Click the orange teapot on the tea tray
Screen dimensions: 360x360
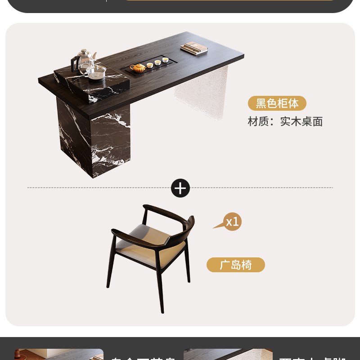coord(138,67)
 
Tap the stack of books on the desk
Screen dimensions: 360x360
coord(194,48)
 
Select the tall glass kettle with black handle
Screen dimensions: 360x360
coord(84,62)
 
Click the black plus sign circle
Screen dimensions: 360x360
coord(180,188)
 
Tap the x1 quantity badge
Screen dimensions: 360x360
coord(233,222)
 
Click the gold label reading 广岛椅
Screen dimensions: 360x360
coord(236,265)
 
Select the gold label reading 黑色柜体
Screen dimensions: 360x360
coord(277,103)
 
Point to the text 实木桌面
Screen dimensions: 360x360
coord(301,121)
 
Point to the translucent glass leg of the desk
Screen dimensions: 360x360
coord(201,92)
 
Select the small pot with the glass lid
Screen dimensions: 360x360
coord(97,72)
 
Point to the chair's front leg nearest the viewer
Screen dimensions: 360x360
coord(160,288)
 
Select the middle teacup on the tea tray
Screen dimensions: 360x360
coord(157,63)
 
